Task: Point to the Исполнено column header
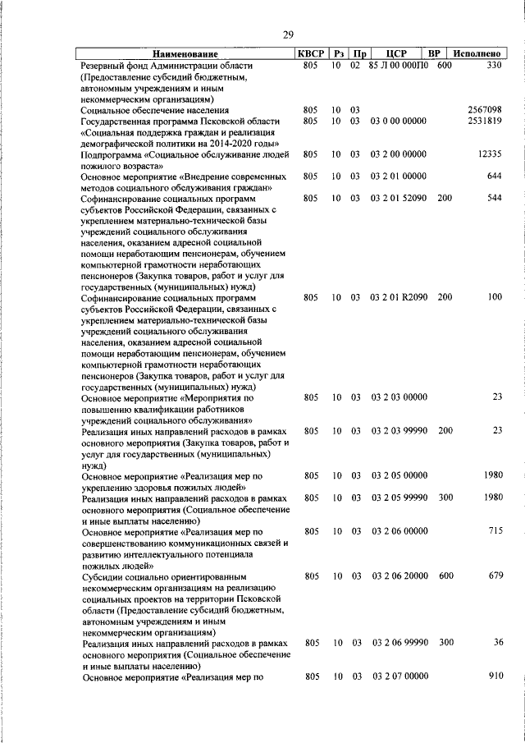(478, 53)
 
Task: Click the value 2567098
(485, 109)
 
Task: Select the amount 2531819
(485, 121)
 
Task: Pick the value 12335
(489, 154)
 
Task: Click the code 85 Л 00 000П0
(399, 65)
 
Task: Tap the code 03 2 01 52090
(399, 198)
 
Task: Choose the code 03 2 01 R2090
(399, 297)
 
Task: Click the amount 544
(494, 198)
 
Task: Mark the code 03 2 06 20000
(399, 576)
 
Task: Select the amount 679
(494, 576)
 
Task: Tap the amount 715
(494, 531)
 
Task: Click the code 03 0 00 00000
(399, 121)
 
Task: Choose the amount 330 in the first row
(494, 65)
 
